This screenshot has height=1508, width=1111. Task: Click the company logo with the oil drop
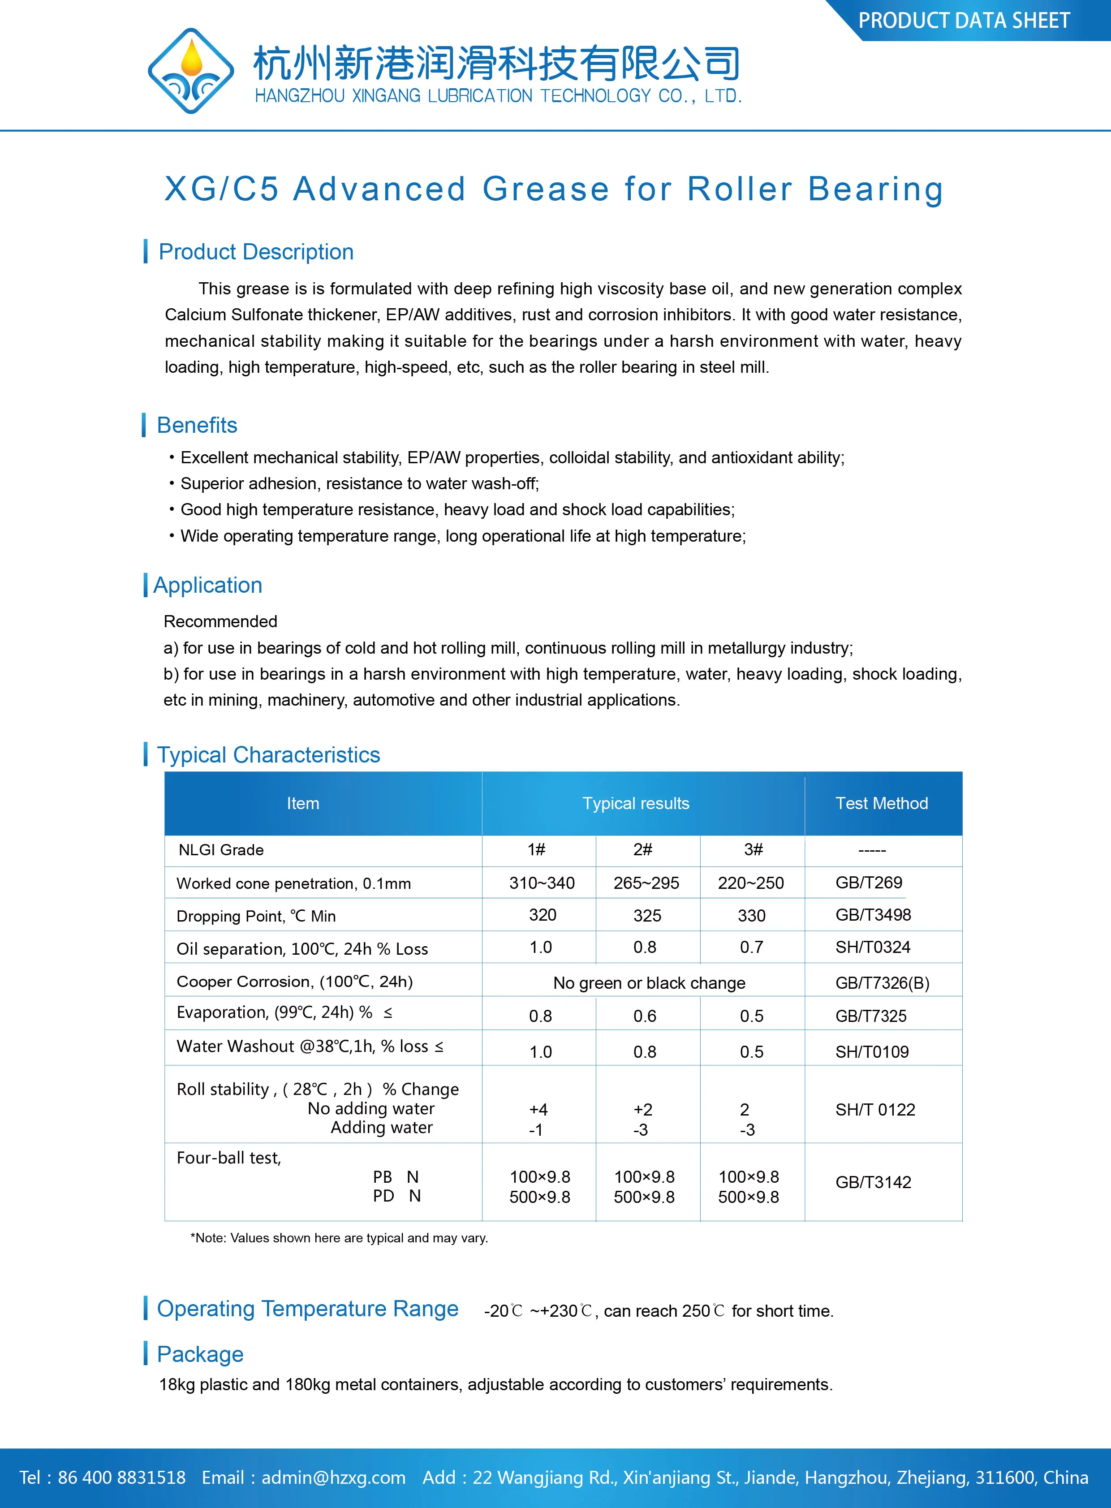coord(191,71)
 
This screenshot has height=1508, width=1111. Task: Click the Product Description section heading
coord(255,252)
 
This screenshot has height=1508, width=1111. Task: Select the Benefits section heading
coord(197,425)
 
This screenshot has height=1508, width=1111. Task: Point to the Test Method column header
coord(882,803)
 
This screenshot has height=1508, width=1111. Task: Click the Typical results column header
coord(636,803)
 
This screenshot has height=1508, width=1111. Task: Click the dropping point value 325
coord(647,915)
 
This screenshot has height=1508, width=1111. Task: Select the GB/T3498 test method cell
coord(873,915)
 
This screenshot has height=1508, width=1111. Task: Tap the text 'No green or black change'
coord(649,982)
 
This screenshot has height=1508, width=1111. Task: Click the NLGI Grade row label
coord(220,849)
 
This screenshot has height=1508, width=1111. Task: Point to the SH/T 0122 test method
coord(875,1110)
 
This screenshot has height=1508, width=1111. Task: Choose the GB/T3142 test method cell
coord(873,1182)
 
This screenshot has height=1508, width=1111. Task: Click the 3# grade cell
coord(753,849)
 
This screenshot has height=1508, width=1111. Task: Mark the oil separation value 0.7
coord(751,947)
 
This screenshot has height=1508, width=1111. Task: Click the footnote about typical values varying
coord(339,1237)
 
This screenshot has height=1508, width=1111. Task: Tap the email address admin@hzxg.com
coord(334,1478)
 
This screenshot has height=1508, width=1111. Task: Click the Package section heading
coord(200,1354)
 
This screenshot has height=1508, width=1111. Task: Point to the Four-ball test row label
coord(228,1158)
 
